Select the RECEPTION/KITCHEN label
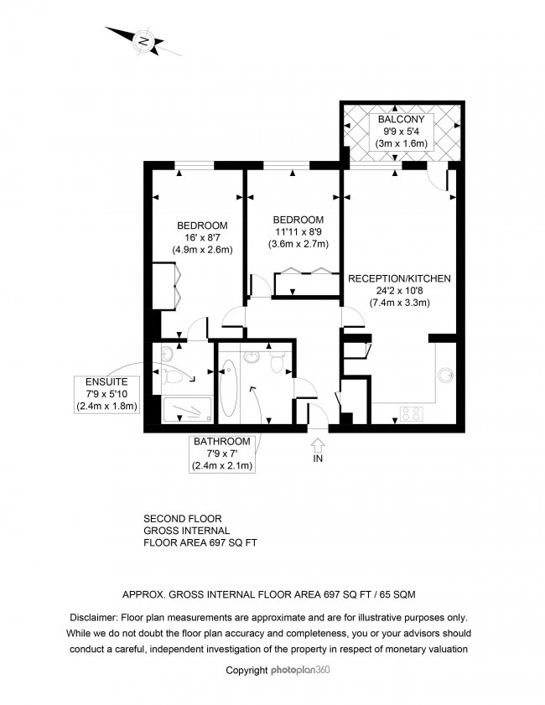click(400, 278)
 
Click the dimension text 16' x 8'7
click(201, 237)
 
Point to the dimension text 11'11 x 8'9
click(298, 232)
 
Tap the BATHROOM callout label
click(222, 442)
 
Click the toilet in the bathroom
click(278, 359)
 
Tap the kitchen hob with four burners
click(412, 412)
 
